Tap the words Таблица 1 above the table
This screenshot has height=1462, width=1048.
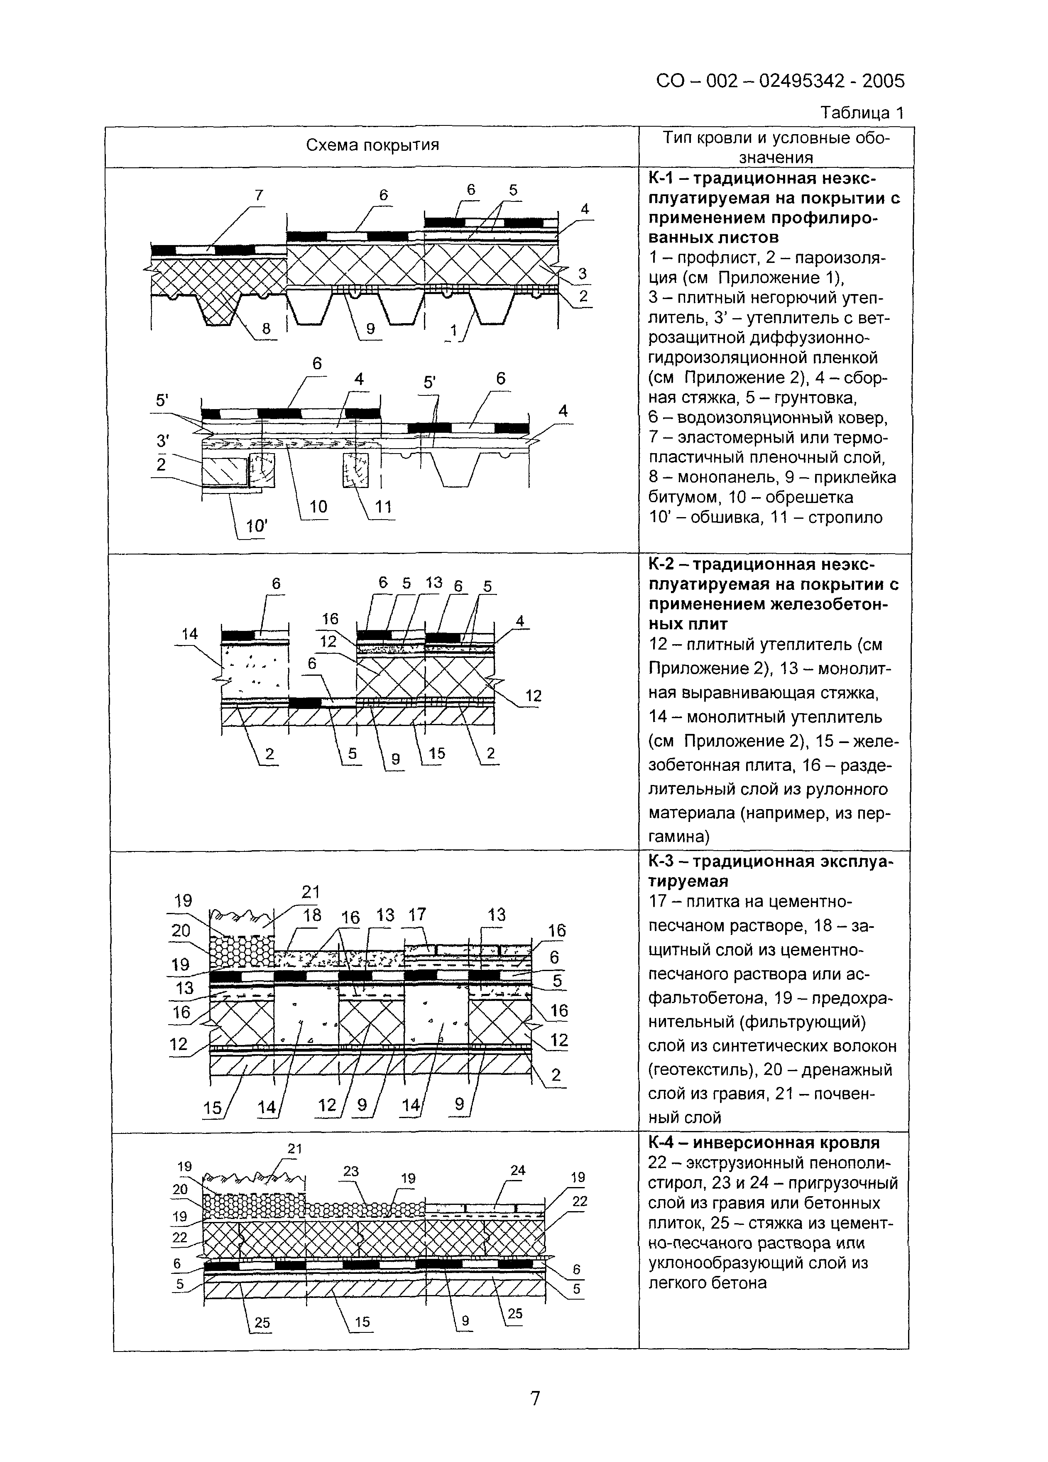[x=862, y=113]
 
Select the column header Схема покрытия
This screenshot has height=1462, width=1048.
[x=372, y=145]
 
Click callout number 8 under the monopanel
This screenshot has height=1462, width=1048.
[x=266, y=329]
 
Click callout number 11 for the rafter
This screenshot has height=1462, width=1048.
[x=384, y=507]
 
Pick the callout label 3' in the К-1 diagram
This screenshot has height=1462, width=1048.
[x=163, y=442]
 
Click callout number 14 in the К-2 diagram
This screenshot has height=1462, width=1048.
[x=189, y=634]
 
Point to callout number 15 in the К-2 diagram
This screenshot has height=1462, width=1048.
[x=436, y=753]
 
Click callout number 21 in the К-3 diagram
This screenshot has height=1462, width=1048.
[x=310, y=891]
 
